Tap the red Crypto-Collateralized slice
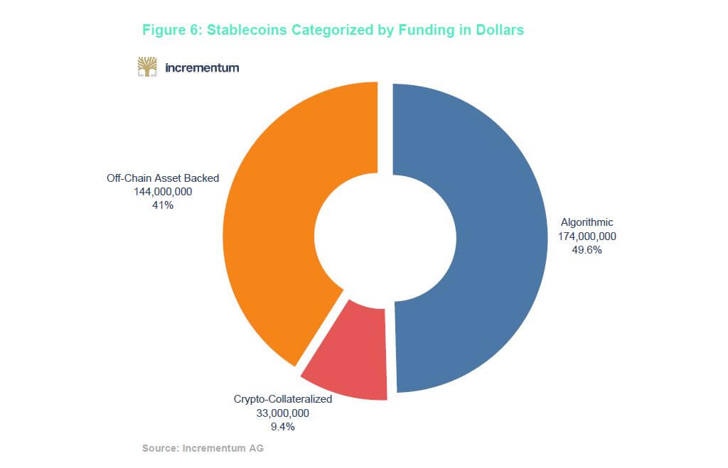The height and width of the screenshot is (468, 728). [348, 355]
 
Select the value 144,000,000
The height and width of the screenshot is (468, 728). [163, 192]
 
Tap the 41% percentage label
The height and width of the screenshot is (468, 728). [163, 205]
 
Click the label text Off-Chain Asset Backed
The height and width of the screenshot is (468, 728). [163, 178]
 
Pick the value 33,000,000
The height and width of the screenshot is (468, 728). [283, 413]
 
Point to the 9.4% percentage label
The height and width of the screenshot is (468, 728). [283, 427]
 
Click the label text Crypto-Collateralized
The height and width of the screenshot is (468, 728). [283, 399]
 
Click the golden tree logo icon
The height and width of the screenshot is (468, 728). [147, 67]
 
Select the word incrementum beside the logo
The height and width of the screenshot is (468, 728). [201, 68]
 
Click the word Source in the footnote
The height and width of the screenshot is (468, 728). [160, 448]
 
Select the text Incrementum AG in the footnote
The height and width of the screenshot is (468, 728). [223, 448]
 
